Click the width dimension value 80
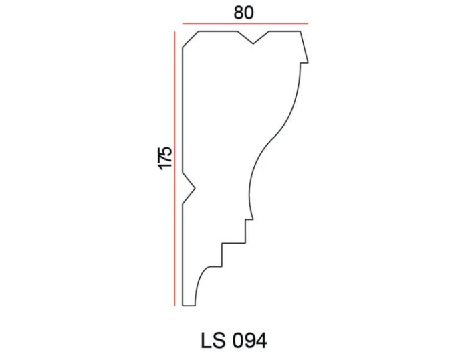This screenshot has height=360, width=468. pyautogui.click(x=243, y=13)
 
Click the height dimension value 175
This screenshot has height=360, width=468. pyautogui.click(x=164, y=158)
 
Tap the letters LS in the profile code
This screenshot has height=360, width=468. pyautogui.click(x=213, y=341)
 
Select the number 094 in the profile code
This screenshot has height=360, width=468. pyautogui.click(x=249, y=341)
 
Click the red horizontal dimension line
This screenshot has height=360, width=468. pyautogui.click(x=245, y=23)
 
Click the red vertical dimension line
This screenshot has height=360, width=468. pyautogui.click(x=175, y=169)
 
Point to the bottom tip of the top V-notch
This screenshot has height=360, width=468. pyautogui.click(x=253, y=44)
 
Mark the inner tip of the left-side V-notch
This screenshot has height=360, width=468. pyautogui.click(x=195, y=188)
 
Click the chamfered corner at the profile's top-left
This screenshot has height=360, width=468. pyautogui.click(x=191, y=39)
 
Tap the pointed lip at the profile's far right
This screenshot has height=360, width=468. pyautogui.click(x=308, y=62)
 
